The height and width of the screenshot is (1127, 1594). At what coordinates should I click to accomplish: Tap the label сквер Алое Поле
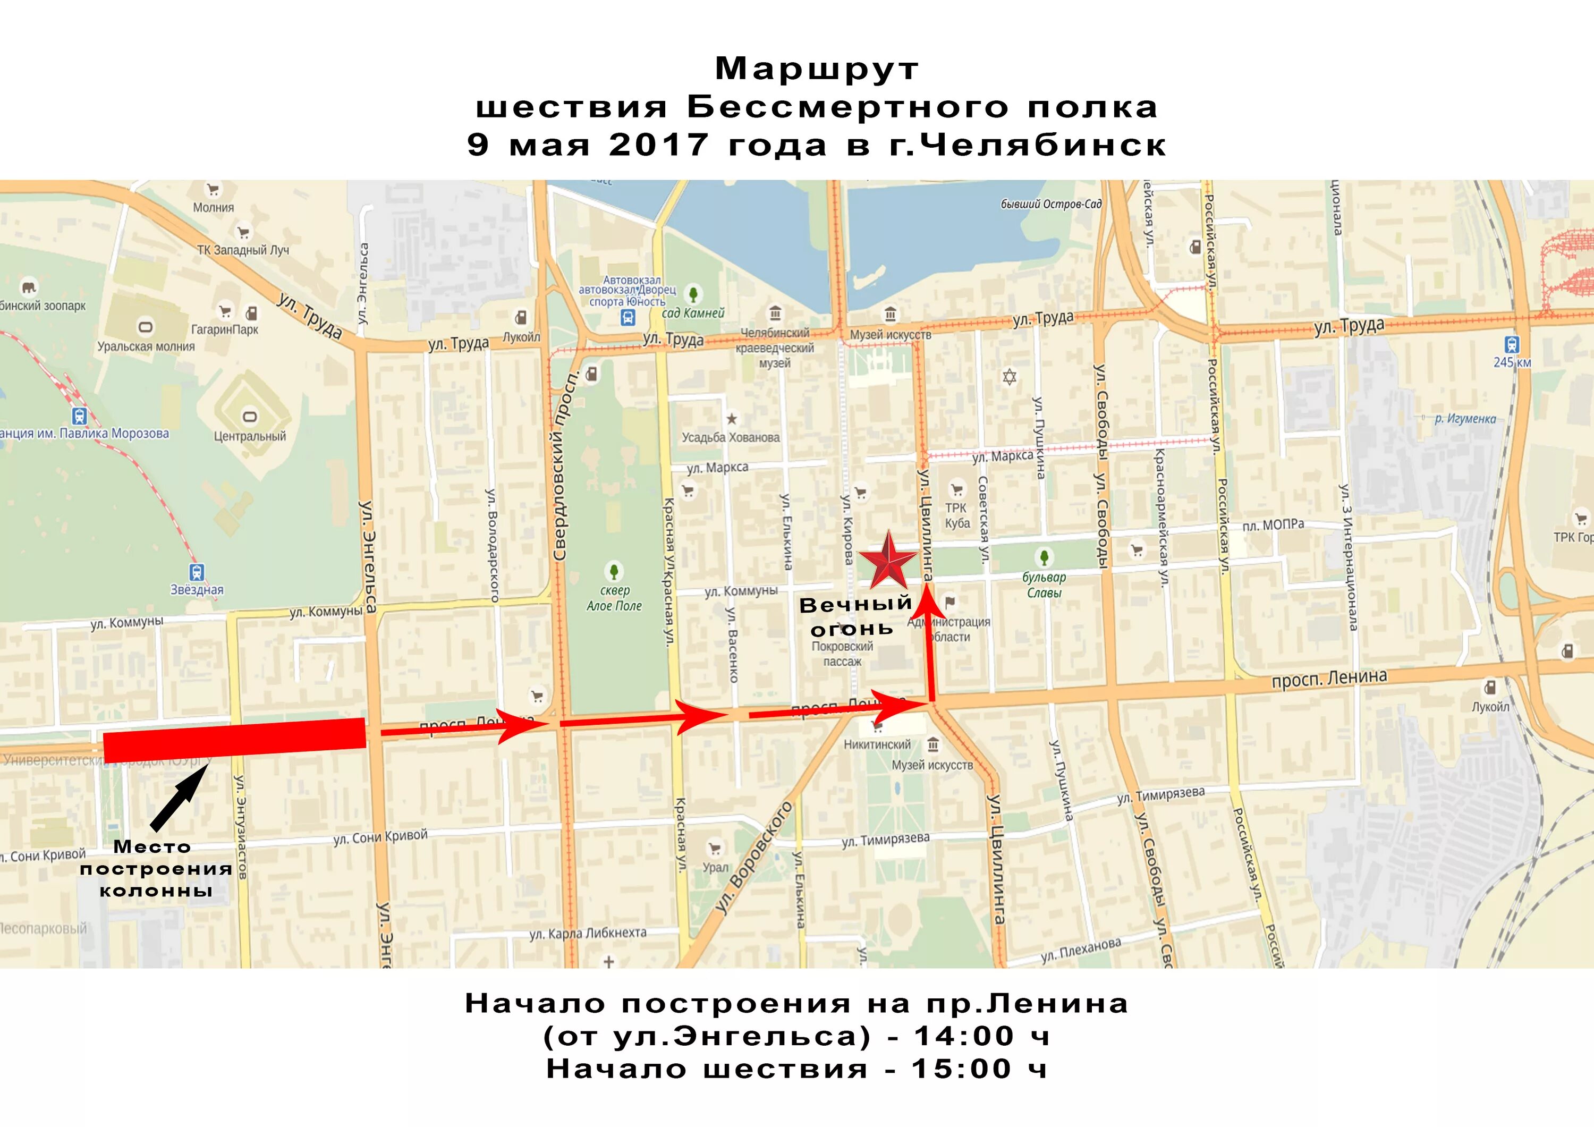click(614, 598)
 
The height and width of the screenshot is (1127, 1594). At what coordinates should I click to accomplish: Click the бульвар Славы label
click(1044, 584)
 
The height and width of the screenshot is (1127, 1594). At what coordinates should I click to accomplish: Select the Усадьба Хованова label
click(731, 437)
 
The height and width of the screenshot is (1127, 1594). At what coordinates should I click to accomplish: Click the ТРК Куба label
click(957, 515)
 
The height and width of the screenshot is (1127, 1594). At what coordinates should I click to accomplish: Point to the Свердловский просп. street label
click(565, 465)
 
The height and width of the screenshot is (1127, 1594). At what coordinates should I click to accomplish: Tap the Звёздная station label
click(197, 590)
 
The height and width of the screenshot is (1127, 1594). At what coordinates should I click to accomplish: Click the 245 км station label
click(1512, 362)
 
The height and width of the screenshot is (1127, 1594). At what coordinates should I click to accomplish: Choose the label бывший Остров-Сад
click(1051, 204)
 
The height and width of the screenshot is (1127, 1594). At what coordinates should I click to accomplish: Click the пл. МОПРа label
click(1273, 525)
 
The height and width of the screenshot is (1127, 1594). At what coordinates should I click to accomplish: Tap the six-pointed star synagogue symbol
click(1010, 377)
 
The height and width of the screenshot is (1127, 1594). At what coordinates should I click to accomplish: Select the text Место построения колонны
click(156, 868)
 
